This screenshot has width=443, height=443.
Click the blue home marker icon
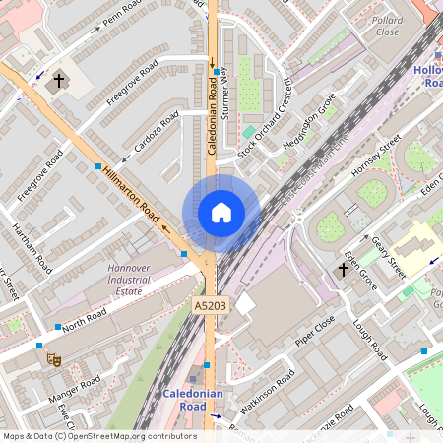point(221,212)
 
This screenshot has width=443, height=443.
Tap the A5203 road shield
point(211,307)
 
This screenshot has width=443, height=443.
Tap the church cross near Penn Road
point(59,80)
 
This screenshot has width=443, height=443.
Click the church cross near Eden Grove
point(346,268)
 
